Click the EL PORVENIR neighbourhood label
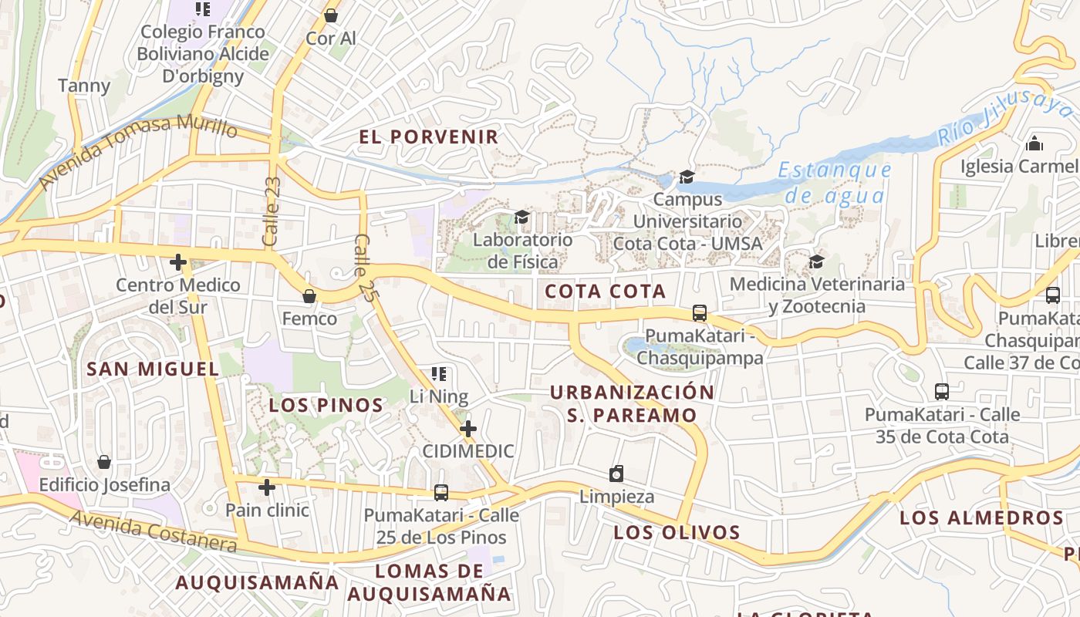(428, 137)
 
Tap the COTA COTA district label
(605, 292)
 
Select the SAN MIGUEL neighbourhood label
(153, 369)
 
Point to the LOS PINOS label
(326, 405)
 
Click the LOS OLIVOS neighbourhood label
(677, 532)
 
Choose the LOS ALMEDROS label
(981, 518)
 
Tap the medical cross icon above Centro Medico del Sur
(178, 262)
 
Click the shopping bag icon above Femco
(309, 296)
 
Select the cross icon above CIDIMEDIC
(467, 429)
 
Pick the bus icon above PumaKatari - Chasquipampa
(700, 313)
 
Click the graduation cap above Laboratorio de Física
(522, 217)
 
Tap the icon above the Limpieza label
(616, 474)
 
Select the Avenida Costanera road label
(154, 532)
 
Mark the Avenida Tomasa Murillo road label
(138, 150)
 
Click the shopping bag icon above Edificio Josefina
(104, 462)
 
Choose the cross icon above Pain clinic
(267, 487)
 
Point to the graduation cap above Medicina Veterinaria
(816, 261)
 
